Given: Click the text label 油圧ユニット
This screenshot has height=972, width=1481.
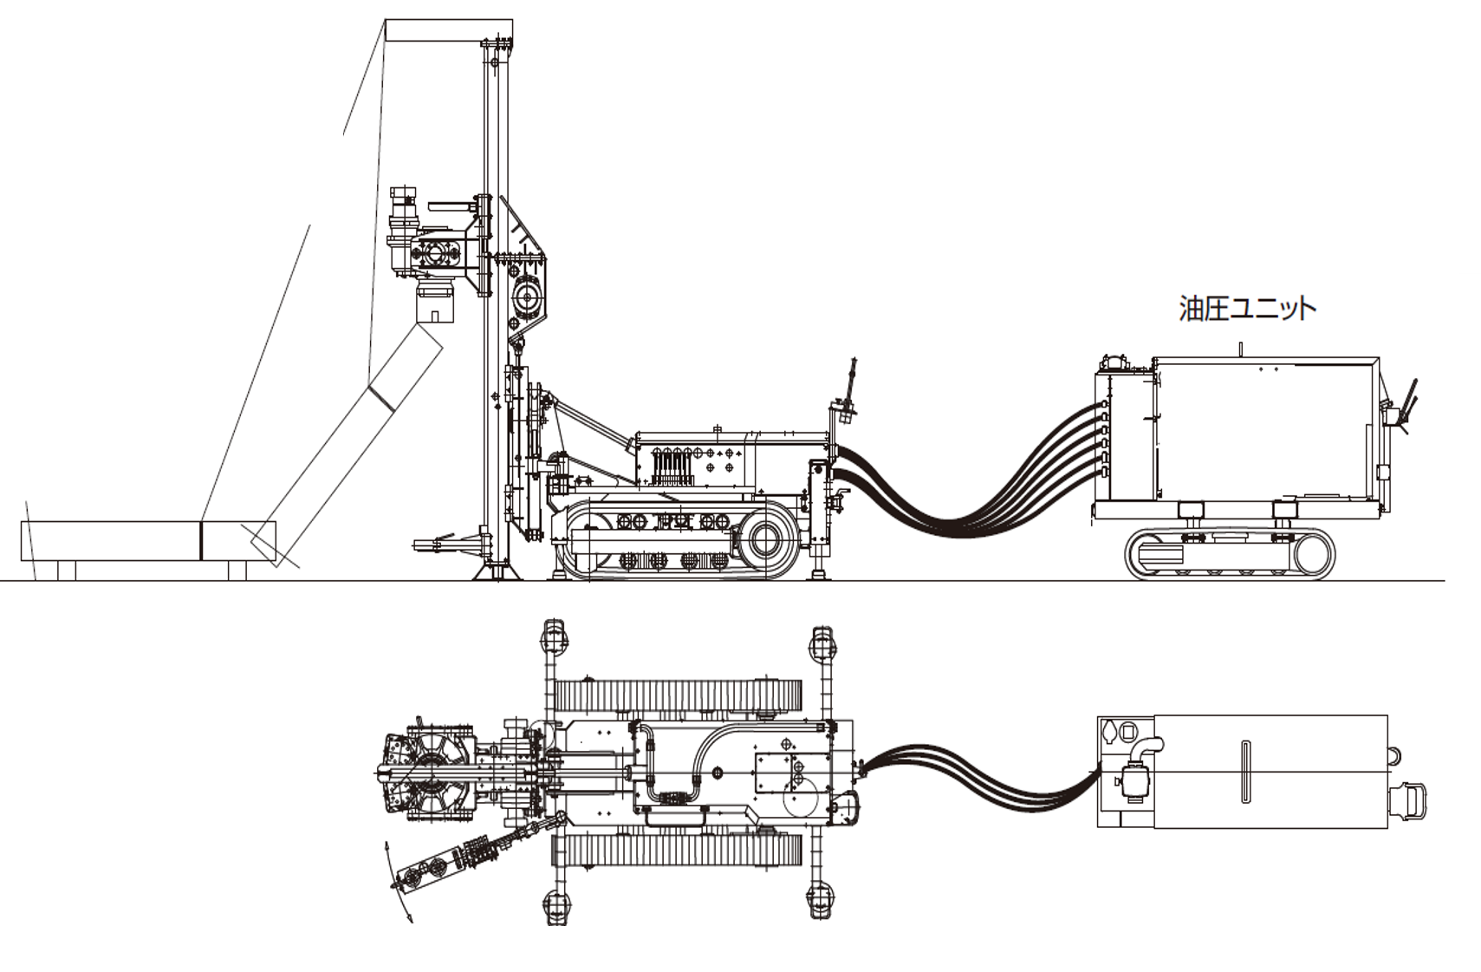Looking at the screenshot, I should pyautogui.click(x=1246, y=309).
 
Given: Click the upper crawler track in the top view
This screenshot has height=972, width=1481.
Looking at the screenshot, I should pyautogui.click(x=676, y=695).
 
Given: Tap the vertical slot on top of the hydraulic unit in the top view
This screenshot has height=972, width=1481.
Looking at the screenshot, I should pyautogui.click(x=1245, y=772).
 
